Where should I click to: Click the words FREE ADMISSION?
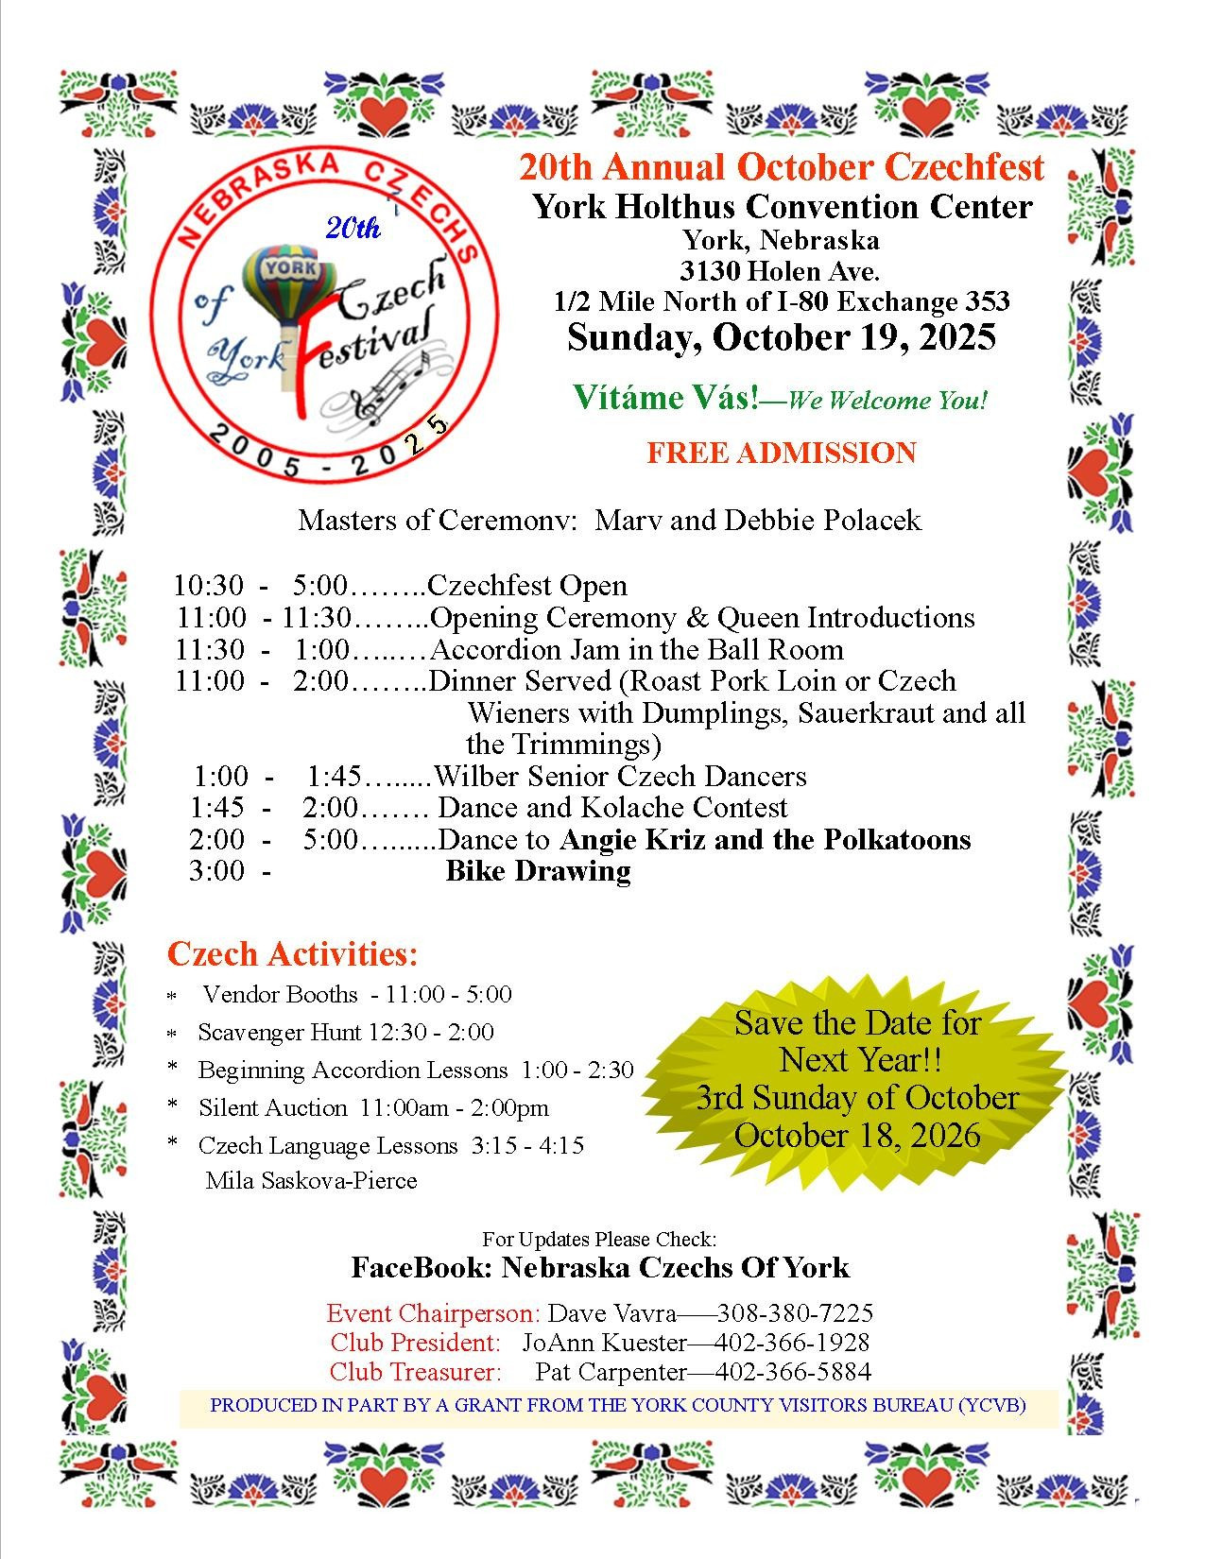781,453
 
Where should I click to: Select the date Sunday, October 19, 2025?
781,338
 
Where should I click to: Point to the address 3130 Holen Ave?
781,271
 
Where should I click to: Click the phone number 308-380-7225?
795,1313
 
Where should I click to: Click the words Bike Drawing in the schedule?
538,871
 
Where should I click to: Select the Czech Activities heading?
292,954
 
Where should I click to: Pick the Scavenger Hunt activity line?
346,1032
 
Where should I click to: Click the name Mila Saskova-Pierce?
311,1180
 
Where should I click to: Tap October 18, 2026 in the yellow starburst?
856,1135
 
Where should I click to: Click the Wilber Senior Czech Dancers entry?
620,777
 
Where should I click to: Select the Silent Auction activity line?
373,1107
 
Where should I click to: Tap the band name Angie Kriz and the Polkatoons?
766,839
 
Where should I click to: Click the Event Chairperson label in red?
433,1313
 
